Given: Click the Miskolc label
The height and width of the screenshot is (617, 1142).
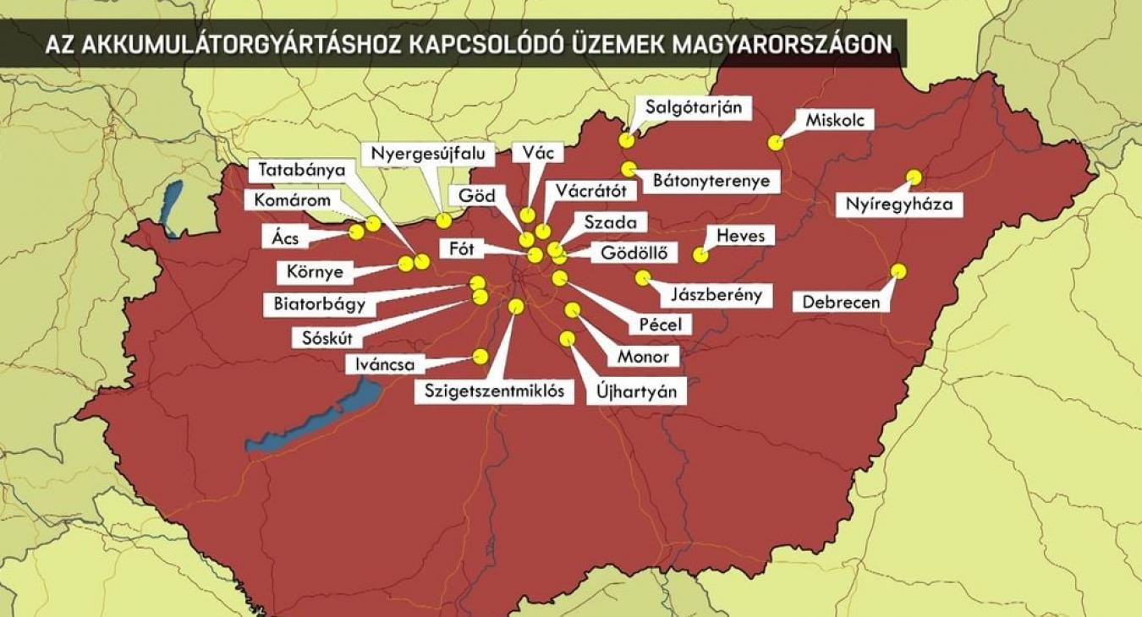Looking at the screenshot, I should pos(828,120).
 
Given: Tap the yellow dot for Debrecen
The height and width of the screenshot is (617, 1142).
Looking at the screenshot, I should pos(898,271).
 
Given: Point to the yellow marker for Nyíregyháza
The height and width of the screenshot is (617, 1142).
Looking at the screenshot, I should pos(914,177).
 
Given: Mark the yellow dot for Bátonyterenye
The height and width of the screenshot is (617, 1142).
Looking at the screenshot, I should pos(628,169).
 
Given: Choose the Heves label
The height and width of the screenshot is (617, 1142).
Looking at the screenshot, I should pos(740,235).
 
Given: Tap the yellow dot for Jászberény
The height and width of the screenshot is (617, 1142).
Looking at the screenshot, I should pos(643,277).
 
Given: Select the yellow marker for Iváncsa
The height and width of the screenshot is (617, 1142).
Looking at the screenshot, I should pos(480,357).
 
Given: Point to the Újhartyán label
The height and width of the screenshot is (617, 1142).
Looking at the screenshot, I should pos(637,392).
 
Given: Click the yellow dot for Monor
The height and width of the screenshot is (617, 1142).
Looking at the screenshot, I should pos(573,310).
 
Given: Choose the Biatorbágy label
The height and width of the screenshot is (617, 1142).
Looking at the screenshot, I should pos(320,303).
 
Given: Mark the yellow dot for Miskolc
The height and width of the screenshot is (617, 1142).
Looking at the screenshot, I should pos(775,143).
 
